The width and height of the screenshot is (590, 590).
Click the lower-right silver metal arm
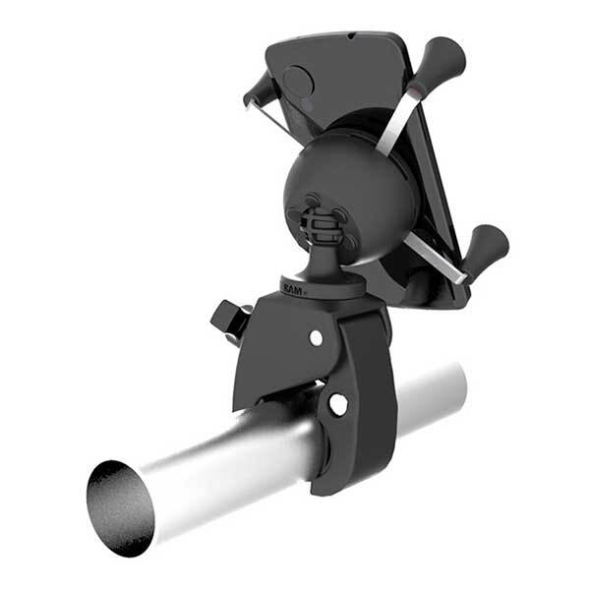pos(437,258)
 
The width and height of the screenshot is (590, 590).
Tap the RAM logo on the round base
pos(292,289)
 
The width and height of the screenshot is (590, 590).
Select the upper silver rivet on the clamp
pos(316,337)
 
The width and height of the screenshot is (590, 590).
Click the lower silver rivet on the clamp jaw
pos(338,404)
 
